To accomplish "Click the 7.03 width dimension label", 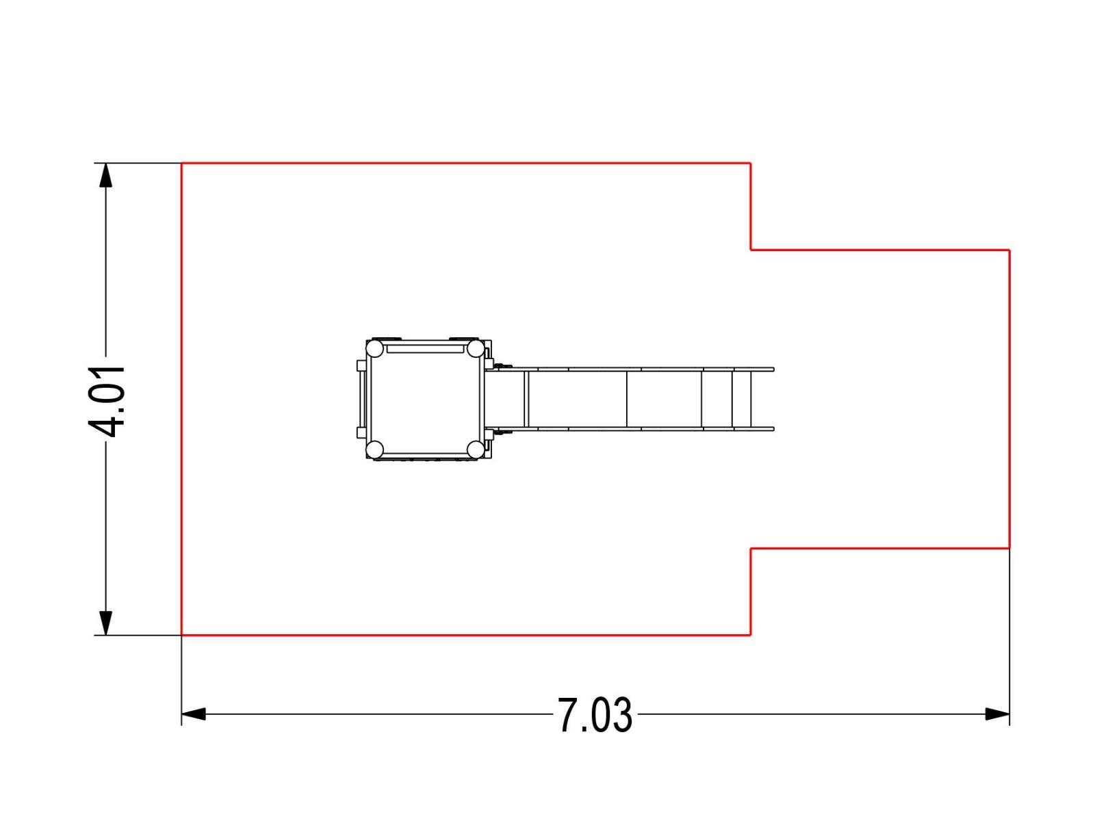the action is tap(594, 715).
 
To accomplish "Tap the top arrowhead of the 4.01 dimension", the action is tap(105, 175).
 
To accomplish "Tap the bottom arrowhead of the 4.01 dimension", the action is tap(105, 623).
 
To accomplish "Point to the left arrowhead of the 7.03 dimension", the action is tap(194, 714).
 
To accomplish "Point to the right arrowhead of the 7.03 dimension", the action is tap(997, 714).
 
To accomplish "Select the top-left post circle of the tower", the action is tap(374, 348).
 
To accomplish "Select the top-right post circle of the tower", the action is tap(476, 348).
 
